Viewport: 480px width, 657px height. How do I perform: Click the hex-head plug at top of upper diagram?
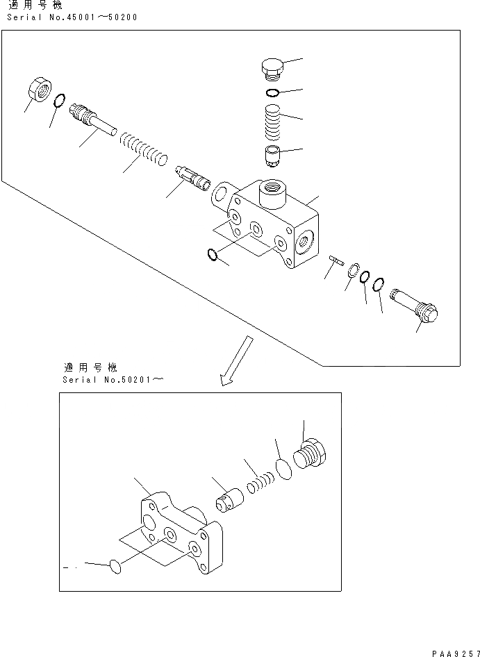click(272, 69)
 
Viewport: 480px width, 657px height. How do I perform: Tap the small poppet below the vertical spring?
click(272, 156)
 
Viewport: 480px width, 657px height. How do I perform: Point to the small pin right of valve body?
click(338, 260)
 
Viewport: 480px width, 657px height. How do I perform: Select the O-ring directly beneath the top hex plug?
click(273, 93)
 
